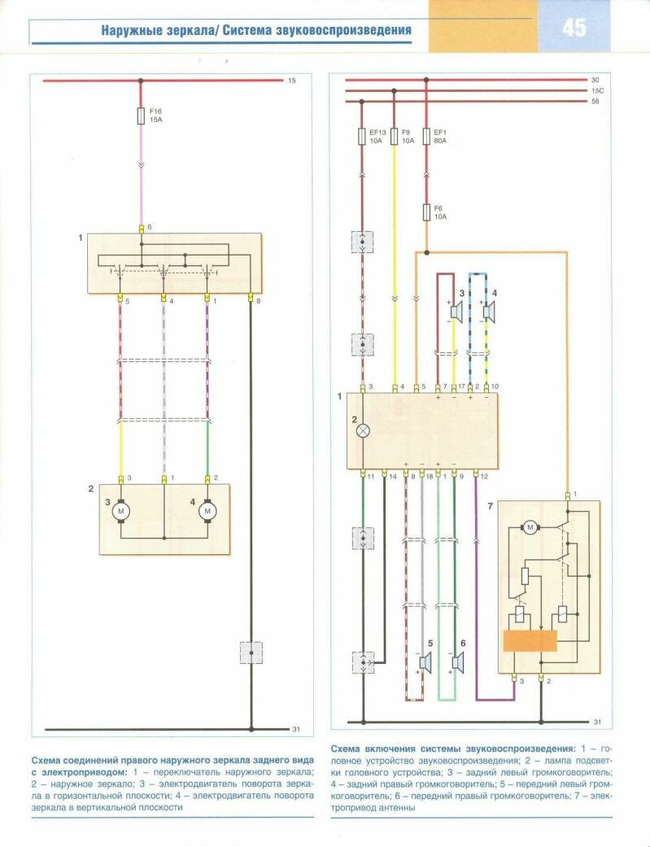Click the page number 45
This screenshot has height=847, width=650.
[x=573, y=28]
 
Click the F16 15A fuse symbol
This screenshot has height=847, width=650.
[x=142, y=116]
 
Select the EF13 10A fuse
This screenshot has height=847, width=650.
[x=362, y=135]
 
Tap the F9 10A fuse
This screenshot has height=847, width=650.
[x=394, y=135]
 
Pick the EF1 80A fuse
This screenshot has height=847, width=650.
[x=426, y=135]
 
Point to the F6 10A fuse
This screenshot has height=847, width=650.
[x=426, y=213]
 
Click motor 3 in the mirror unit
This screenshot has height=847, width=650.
[x=121, y=510]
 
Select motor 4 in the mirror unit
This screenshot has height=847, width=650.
[x=207, y=510]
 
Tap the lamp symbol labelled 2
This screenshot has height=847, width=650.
[x=364, y=431]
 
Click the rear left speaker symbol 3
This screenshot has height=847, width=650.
[x=456, y=310]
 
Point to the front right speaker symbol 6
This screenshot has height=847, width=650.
[x=456, y=663]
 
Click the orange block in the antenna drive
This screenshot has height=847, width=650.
[x=530, y=640]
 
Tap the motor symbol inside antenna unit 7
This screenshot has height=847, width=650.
[x=530, y=527]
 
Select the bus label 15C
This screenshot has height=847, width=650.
[x=596, y=90]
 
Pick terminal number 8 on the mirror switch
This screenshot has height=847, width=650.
[x=259, y=302]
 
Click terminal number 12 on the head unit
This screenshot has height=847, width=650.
[x=484, y=474]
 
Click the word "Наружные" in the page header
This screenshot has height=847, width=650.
[x=130, y=32]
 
